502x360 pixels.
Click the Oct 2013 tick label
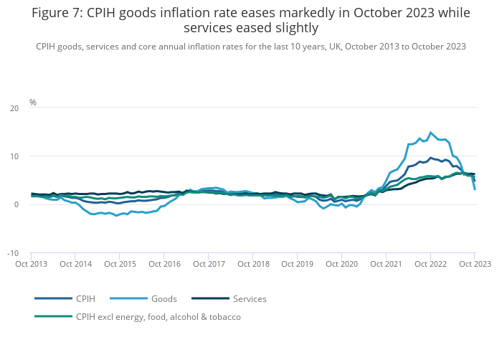click(x=31, y=264)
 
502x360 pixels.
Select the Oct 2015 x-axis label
click(x=120, y=264)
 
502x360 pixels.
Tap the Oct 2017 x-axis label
click(x=208, y=264)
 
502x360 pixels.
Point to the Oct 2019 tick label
click(x=297, y=264)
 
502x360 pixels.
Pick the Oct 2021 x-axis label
click(x=386, y=264)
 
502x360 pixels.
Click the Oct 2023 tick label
click(x=474, y=264)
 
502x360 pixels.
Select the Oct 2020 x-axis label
click(x=341, y=264)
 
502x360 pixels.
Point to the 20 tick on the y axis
click(x=14, y=108)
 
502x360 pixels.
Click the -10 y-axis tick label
click(x=13, y=253)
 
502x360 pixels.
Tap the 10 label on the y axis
click(x=14, y=156)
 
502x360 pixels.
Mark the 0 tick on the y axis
click(x=16, y=204)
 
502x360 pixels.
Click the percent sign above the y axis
click(x=33, y=103)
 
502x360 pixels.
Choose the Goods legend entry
click(x=163, y=298)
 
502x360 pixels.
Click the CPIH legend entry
click(x=85, y=298)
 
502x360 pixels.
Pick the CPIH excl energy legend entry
click(x=158, y=316)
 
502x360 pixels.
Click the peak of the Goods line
click(x=430, y=133)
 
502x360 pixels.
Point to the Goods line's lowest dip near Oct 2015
click(x=117, y=215)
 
